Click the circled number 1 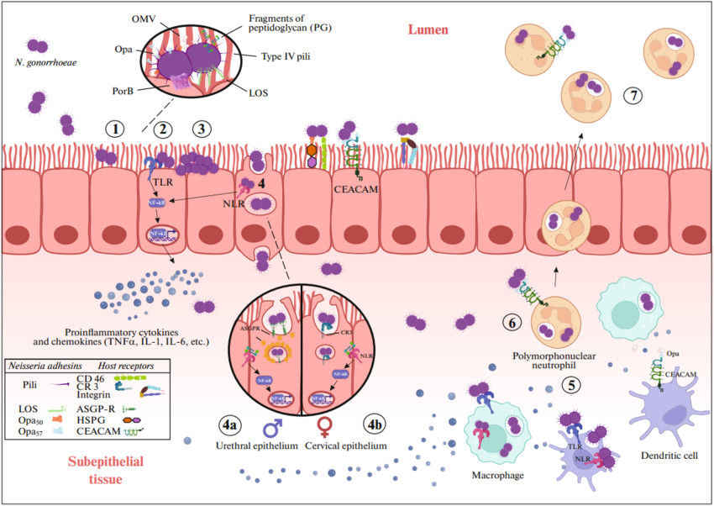[x=115, y=129]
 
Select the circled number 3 [x=201, y=129]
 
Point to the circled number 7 [x=633, y=96]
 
